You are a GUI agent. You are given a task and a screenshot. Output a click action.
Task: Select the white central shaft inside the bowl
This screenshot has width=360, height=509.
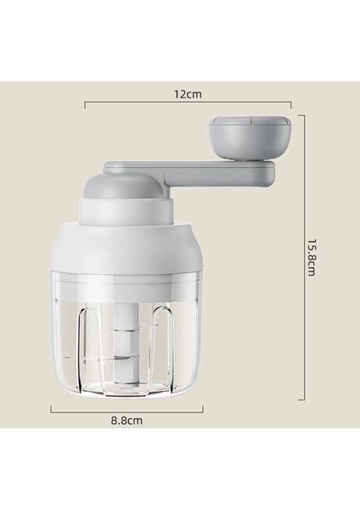click(125, 339)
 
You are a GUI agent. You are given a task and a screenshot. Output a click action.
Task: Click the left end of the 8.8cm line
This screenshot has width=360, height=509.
click(51, 407)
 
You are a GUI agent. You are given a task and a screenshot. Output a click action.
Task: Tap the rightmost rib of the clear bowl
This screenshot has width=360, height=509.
click(188, 339)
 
